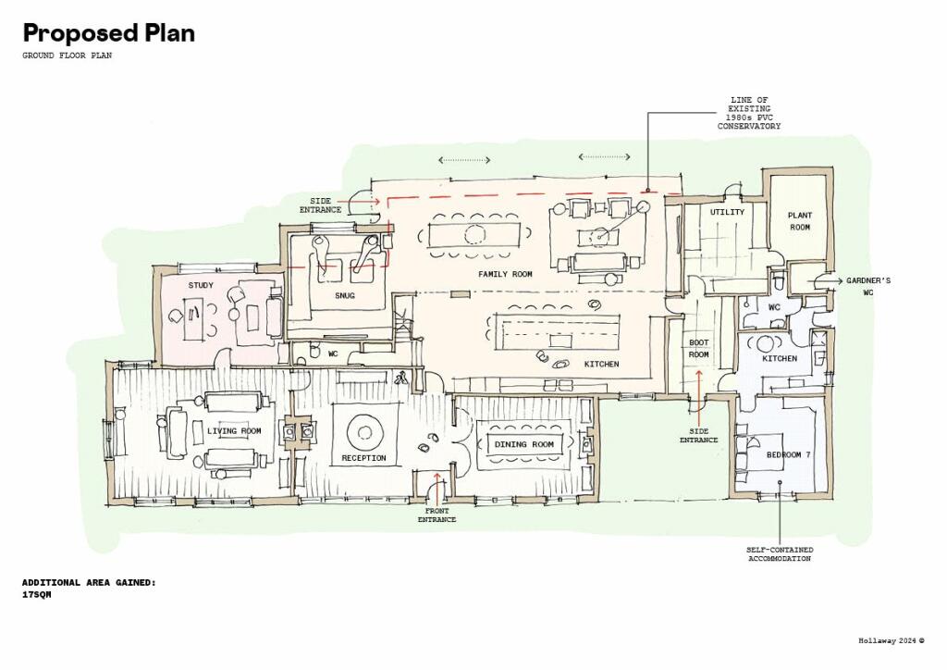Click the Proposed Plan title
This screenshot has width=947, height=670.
coord(109,33)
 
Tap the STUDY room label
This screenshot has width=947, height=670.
coord(201,285)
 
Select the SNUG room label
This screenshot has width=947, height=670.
coord(345,295)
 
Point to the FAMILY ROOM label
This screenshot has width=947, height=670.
coord(506,274)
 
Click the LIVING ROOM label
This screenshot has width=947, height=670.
coord(234,430)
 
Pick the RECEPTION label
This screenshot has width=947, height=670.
coord(363,458)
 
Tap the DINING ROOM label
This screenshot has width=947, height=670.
coord(524,444)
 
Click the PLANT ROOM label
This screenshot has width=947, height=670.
coord(800,221)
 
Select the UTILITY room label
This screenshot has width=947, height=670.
coord(727,212)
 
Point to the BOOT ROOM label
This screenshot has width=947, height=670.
coord(699,349)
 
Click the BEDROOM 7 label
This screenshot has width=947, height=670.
coord(788,455)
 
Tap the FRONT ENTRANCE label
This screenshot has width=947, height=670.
coord(437,515)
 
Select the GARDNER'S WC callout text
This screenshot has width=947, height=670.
coord(867,286)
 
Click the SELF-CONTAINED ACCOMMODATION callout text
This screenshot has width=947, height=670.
coord(780,554)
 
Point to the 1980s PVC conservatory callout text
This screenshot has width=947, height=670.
coord(749,113)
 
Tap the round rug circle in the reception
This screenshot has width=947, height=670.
coord(364,416)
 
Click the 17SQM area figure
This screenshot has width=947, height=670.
coord(37,595)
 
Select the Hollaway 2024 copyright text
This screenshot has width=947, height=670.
coord(892,641)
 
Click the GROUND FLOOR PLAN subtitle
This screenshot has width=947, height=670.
coord(67,56)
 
